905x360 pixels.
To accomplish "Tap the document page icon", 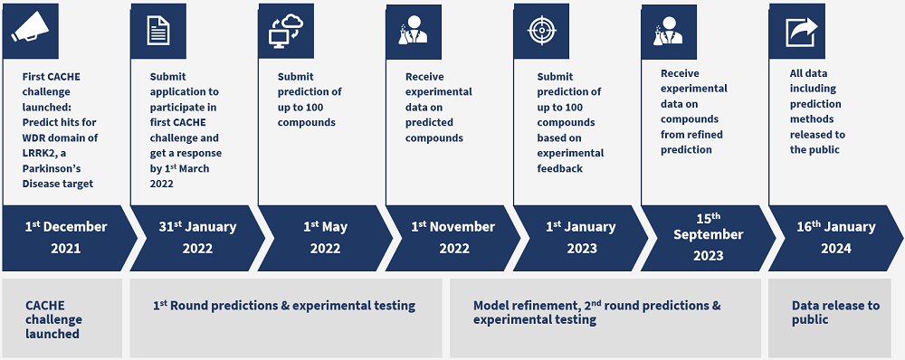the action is pyautogui.click(x=158, y=31).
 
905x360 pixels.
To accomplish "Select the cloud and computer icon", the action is pyautogui.click(x=286, y=31).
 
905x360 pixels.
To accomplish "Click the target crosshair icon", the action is pyautogui.click(x=541, y=31).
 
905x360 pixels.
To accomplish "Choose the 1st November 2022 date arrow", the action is pyautogui.click(x=453, y=238).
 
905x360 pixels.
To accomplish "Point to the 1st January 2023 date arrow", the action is pyautogui.click(x=581, y=238).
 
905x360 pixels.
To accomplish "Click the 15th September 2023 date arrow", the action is pyautogui.click(x=709, y=238).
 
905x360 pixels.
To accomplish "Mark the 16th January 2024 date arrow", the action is pyautogui.click(x=835, y=238).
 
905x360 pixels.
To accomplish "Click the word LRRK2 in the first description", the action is pyautogui.click(x=40, y=153).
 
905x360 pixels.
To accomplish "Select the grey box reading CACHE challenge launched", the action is pyautogui.click(x=62, y=317).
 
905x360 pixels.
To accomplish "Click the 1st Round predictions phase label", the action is pyautogui.click(x=284, y=305).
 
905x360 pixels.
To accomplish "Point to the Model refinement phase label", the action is pyautogui.click(x=596, y=312).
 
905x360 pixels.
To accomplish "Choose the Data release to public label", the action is pyautogui.click(x=835, y=312).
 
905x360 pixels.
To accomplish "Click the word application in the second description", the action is pyautogui.click(x=176, y=91).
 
